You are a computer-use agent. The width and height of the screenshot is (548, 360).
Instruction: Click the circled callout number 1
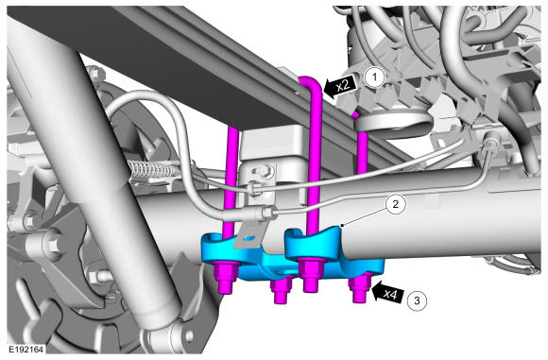coord(375,77)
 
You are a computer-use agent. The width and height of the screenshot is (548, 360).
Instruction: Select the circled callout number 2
coord(395,204)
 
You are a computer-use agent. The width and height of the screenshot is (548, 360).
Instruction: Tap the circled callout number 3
coord(417,300)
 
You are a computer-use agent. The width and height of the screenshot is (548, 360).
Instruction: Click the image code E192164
coord(26,350)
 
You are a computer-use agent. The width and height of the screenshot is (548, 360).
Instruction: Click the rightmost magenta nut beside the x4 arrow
coord(360,287)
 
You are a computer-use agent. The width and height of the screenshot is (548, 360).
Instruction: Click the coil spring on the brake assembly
coord(151,168)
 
